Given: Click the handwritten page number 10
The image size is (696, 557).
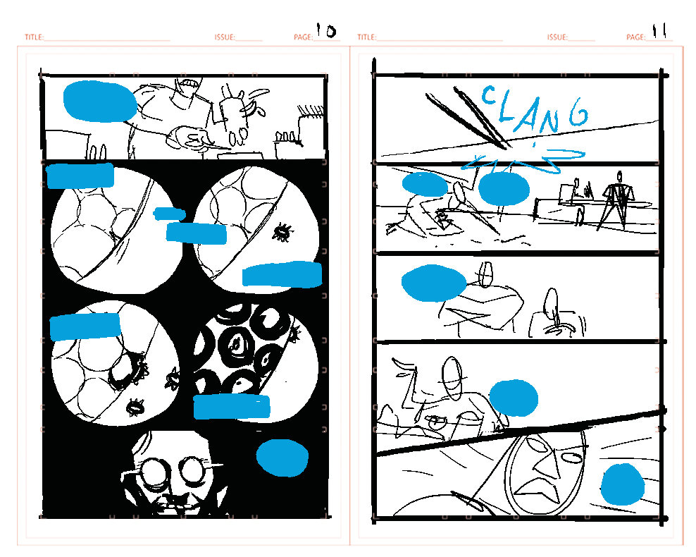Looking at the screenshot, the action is [x=326, y=30].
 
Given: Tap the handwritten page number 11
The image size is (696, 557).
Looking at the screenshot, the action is [x=659, y=30].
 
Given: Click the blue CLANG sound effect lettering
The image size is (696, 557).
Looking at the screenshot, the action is [x=535, y=109].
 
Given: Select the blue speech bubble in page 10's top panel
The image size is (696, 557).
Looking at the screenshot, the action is [x=100, y=102].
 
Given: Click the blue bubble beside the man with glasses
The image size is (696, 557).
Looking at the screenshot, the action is [x=282, y=458].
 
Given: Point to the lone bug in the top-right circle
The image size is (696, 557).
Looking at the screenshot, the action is [x=282, y=231].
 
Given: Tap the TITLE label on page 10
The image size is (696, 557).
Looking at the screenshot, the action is [x=35, y=37].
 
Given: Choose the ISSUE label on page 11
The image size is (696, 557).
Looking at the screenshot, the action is [x=557, y=37].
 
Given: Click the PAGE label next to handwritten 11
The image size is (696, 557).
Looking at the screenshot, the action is [x=636, y=37].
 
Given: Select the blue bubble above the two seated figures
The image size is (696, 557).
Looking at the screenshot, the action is [x=434, y=283].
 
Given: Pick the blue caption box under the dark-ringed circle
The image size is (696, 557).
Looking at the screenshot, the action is [x=232, y=406].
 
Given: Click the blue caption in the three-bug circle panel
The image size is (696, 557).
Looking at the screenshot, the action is [x=85, y=326].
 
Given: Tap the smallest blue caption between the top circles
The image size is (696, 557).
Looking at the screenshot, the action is [x=169, y=214].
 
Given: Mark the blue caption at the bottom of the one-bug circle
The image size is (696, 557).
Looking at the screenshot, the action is [x=282, y=274].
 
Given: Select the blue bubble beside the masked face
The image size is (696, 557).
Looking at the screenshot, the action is [x=622, y=484].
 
